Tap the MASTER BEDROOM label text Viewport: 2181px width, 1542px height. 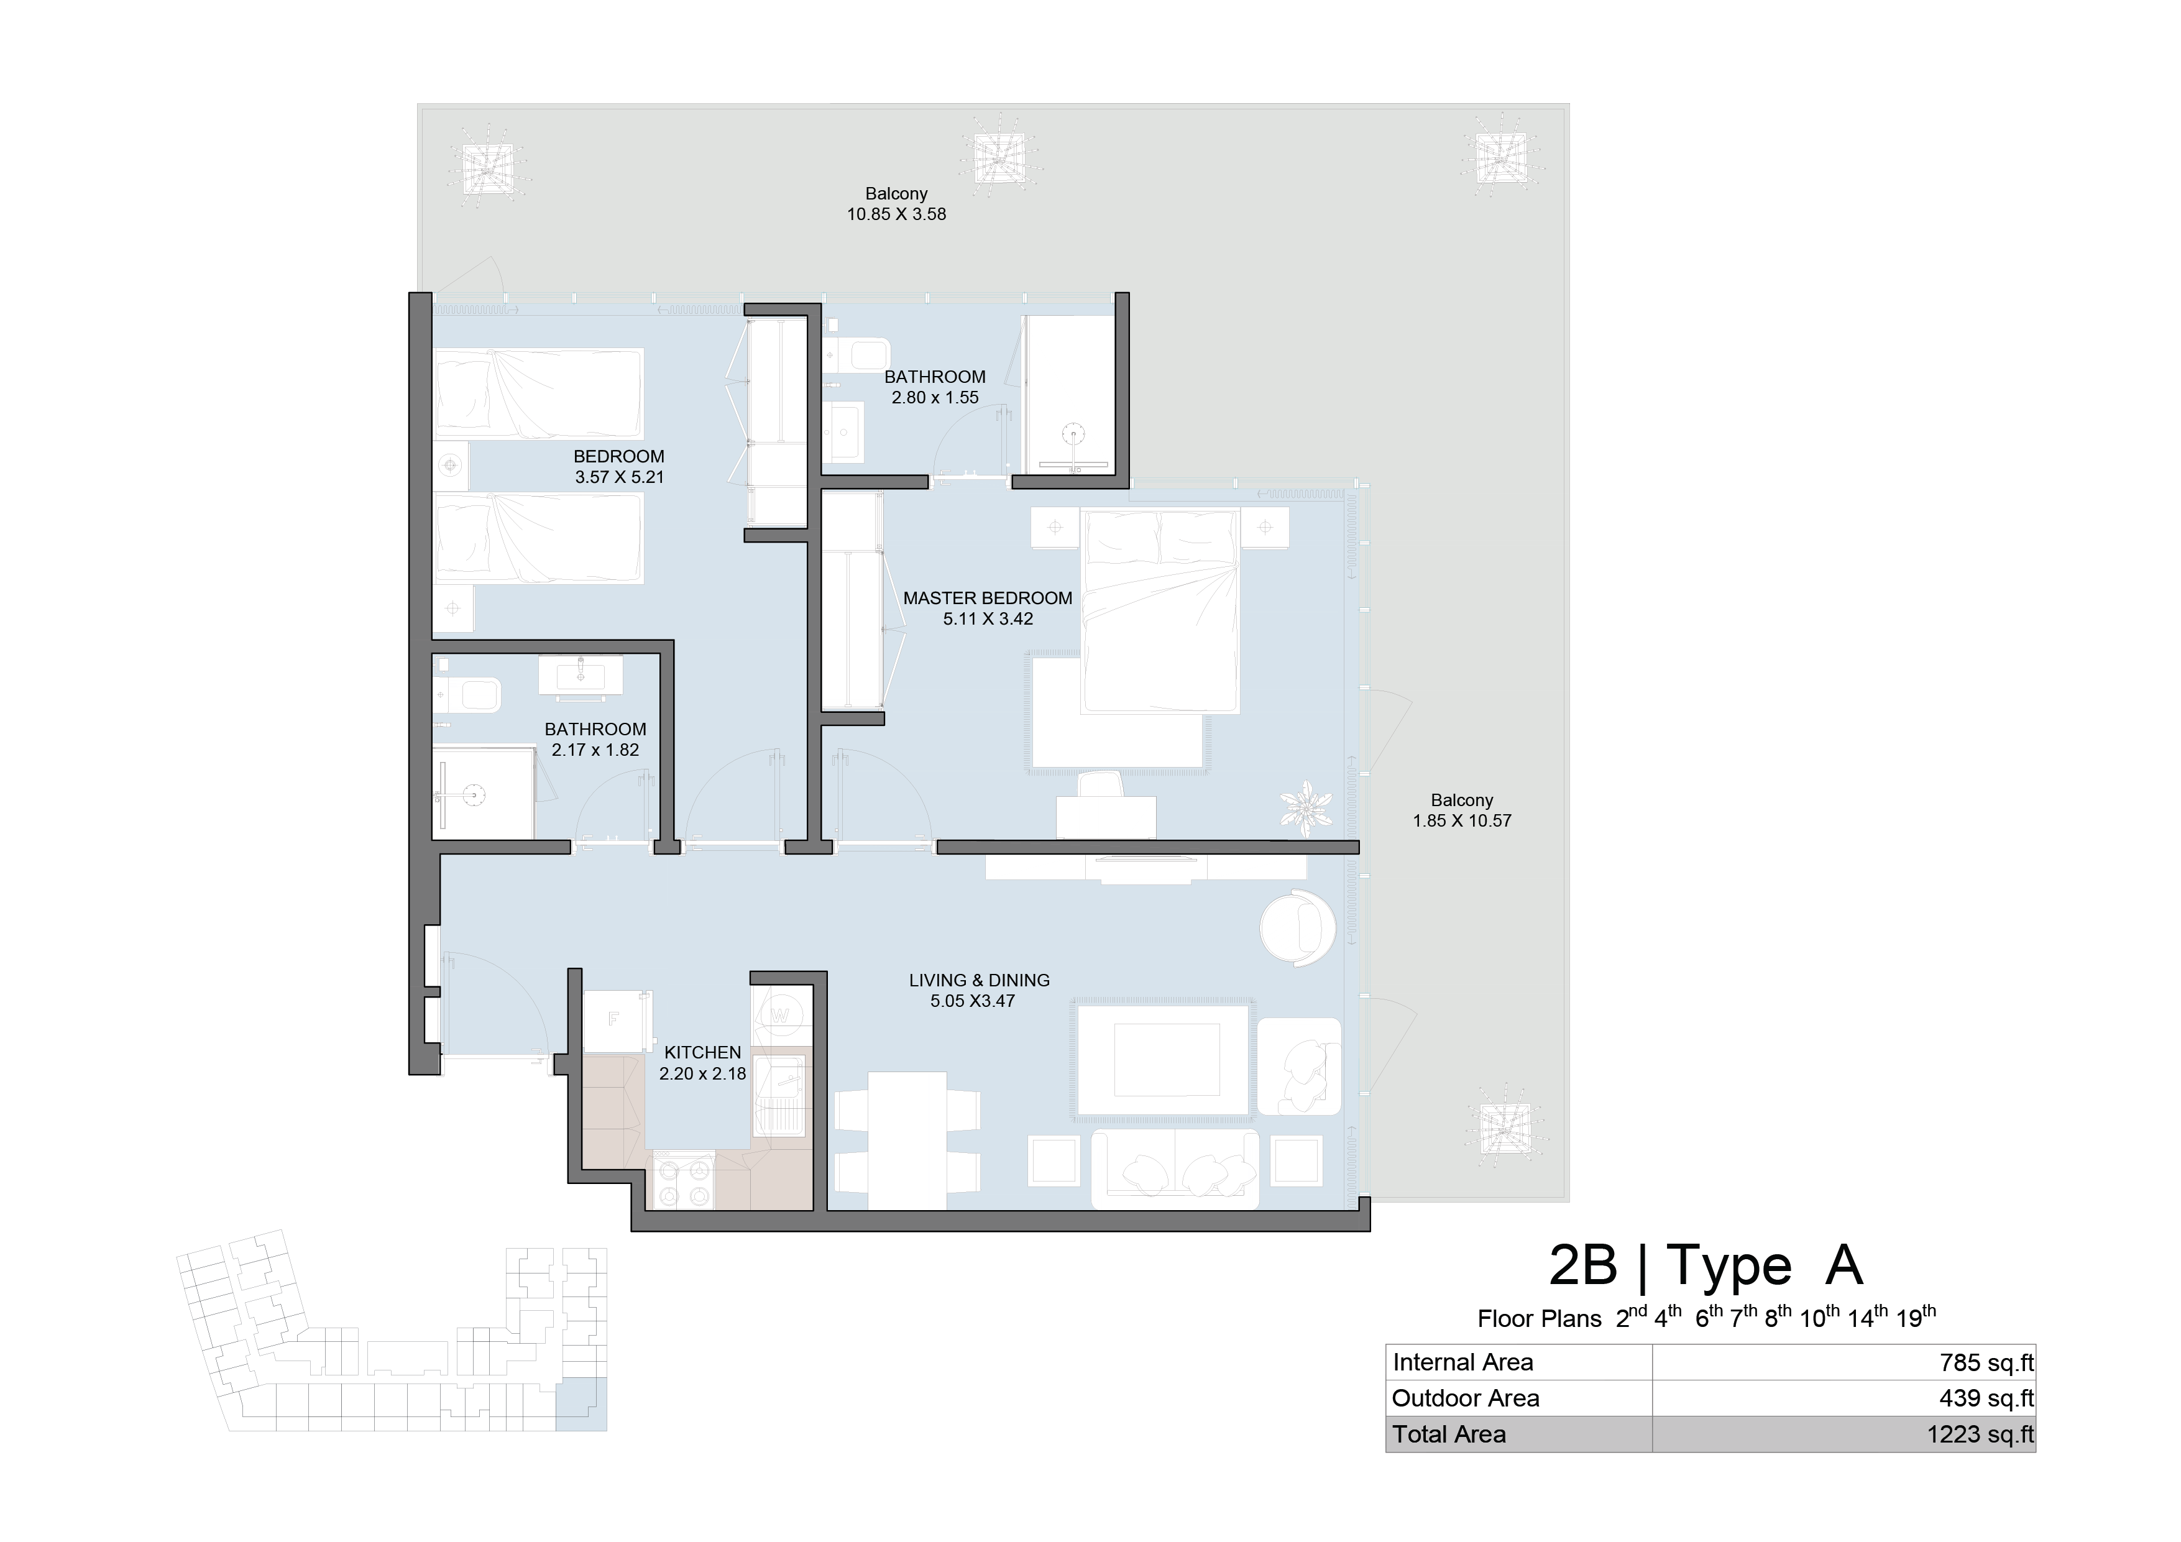tap(987, 598)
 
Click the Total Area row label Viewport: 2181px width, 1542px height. tap(1449, 1434)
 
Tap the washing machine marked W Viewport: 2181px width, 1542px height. tap(780, 1015)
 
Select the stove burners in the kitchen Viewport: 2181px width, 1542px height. tap(683, 1180)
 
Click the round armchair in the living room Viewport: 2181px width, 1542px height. tap(1298, 928)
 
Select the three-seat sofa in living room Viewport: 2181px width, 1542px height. tap(1175, 1168)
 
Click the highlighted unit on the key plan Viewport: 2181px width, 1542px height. tap(581, 1403)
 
